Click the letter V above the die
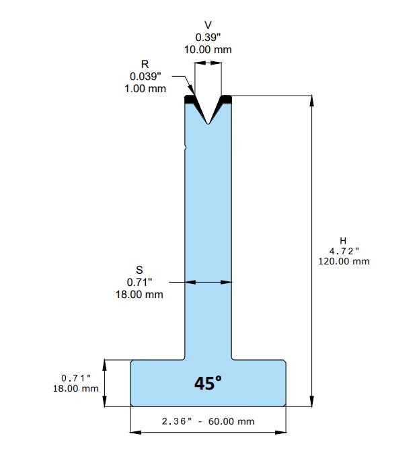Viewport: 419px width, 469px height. click(x=208, y=25)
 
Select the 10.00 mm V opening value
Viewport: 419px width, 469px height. click(x=208, y=49)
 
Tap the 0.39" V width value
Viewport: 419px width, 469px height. click(x=208, y=38)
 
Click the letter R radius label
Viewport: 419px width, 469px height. click(x=145, y=64)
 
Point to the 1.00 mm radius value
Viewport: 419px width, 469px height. click(x=145, y=89)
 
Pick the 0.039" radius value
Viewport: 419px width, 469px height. click(x=145, y=76)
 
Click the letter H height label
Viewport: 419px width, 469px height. click(x=343, y=240)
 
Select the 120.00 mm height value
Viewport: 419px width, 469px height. click(x=344, y=261)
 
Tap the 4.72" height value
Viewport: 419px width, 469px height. click(x=344, y=251)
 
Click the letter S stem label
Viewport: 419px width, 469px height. click(x=139, y=270)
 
